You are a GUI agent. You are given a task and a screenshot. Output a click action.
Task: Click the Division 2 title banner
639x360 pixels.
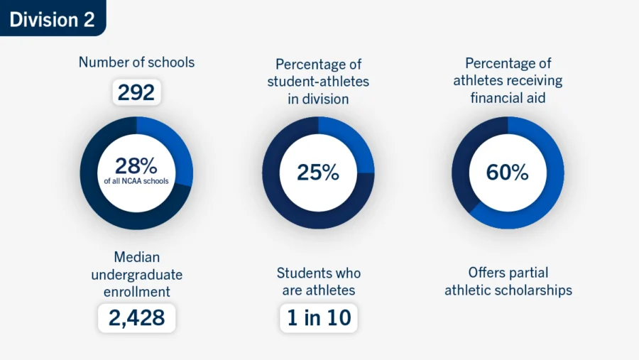[x=52, y=18]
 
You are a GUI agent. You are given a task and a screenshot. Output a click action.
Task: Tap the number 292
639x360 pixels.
[x=136, y=92]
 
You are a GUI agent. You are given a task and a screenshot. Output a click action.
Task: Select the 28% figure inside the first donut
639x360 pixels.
[x=136, y=166]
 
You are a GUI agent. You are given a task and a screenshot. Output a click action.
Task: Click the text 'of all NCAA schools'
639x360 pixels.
[x=136, y=181]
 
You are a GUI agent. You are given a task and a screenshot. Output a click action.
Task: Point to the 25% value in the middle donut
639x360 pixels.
[x=318, y=172]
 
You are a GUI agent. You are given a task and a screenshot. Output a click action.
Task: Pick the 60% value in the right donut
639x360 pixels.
[x=508, y=172]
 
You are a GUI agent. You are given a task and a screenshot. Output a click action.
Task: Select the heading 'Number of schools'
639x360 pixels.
[x=136, y=62]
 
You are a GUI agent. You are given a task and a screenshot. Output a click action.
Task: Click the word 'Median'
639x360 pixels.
[x=136, y=256]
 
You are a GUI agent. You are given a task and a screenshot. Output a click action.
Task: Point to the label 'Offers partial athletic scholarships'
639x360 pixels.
[x=508, y=281]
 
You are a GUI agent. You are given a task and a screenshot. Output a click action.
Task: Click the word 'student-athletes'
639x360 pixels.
[x=318, y=82]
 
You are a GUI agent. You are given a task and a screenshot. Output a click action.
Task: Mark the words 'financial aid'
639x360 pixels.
[x=508, y=98]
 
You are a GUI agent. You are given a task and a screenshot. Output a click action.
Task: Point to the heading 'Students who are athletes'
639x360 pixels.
[x=318, y=281]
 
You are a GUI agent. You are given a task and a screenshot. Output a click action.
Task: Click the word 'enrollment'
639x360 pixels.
[x=136, y=291]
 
